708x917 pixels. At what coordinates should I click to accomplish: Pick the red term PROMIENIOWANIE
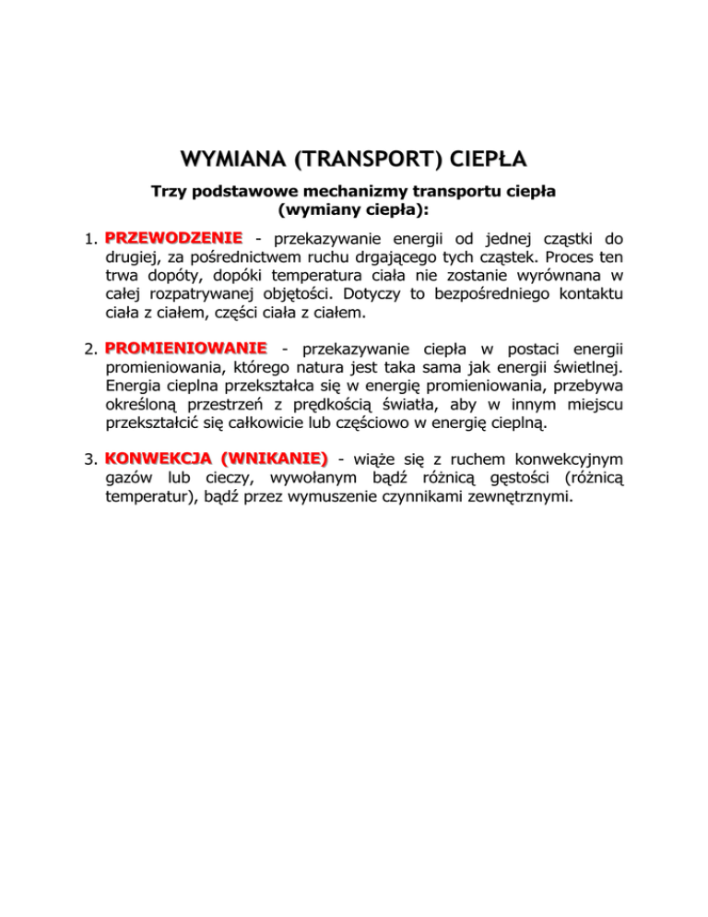(x=186, y=348)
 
